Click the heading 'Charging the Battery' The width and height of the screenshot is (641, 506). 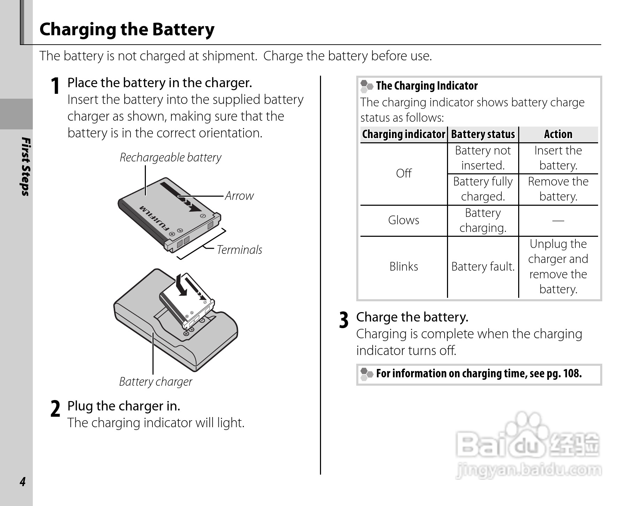[127, 29]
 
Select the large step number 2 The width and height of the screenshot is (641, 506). [55, 409]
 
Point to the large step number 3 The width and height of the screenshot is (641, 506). [344, 320]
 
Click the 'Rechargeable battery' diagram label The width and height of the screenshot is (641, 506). [170, 157]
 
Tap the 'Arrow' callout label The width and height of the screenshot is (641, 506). [239, 196]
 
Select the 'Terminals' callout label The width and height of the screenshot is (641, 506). [239, 250]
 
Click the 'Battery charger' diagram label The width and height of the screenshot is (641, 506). [156, 382]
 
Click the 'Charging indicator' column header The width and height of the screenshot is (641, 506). [403, 134]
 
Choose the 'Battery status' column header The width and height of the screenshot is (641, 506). [483, 134]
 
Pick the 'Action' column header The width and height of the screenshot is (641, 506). [558, 134]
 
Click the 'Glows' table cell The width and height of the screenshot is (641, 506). [404, 220]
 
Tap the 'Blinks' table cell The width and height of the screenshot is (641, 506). [404, 266]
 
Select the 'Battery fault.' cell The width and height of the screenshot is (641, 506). [483, 266]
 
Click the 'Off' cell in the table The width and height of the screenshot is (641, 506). [404, 173]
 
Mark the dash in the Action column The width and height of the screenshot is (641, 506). [558, 220]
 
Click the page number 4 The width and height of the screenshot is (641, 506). [23, 482]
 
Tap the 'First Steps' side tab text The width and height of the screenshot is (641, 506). [25, 167]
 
